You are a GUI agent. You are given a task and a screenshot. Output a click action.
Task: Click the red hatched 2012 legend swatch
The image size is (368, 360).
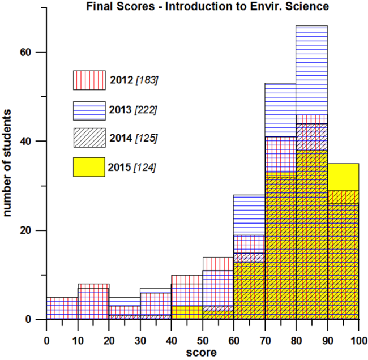[89, 80]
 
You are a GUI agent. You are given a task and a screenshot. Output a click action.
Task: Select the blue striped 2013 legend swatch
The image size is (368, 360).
[89, 110]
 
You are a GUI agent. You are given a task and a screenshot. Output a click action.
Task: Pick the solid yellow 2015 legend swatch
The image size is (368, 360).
[89, 167]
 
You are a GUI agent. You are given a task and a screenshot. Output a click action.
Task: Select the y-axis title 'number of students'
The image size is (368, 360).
[8, 164]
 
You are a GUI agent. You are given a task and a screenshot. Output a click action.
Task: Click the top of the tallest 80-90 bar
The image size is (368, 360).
[311, 26]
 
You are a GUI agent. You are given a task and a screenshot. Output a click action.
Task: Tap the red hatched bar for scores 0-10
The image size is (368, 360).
[62, 308]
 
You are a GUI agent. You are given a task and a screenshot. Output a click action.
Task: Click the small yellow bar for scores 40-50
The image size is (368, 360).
[186, 312]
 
